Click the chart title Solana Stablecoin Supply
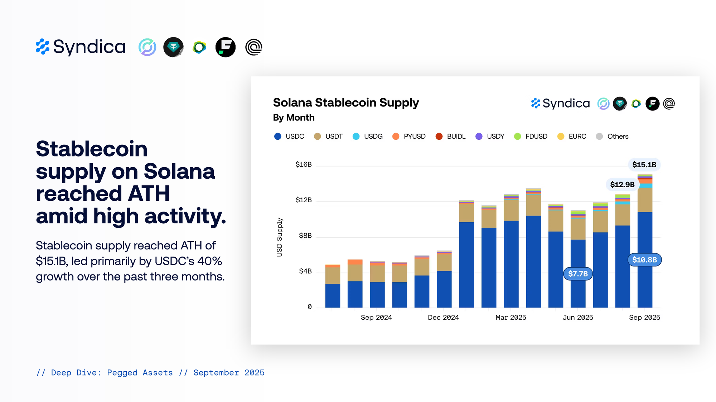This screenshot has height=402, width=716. [x=345, y=103]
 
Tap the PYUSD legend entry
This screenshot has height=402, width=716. [x=409, y=137]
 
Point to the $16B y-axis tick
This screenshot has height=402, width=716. [x=303, y=164]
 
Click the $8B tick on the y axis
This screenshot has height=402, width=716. [x=305, y=235]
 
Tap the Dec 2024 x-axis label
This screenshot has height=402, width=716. [x=443, y=317]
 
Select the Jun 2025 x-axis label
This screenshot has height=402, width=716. [x=577, y=317]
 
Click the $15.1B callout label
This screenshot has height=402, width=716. [x=644, y=165]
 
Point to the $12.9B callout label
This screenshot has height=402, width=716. [x=622, y=184]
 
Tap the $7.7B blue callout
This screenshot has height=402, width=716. [x=578, y=274]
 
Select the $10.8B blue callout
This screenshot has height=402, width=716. [x=644, y=260]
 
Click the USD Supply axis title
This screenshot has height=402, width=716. [x=280, y=237]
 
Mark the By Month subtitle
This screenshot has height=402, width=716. [x=294, y=118]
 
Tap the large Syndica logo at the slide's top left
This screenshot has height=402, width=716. [x=81, y=47]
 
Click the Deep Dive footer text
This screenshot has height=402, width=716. [x=150, y=373]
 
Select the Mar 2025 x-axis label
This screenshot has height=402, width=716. [x=511, y=317]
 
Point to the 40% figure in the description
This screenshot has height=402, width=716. [x=209, y=261]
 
